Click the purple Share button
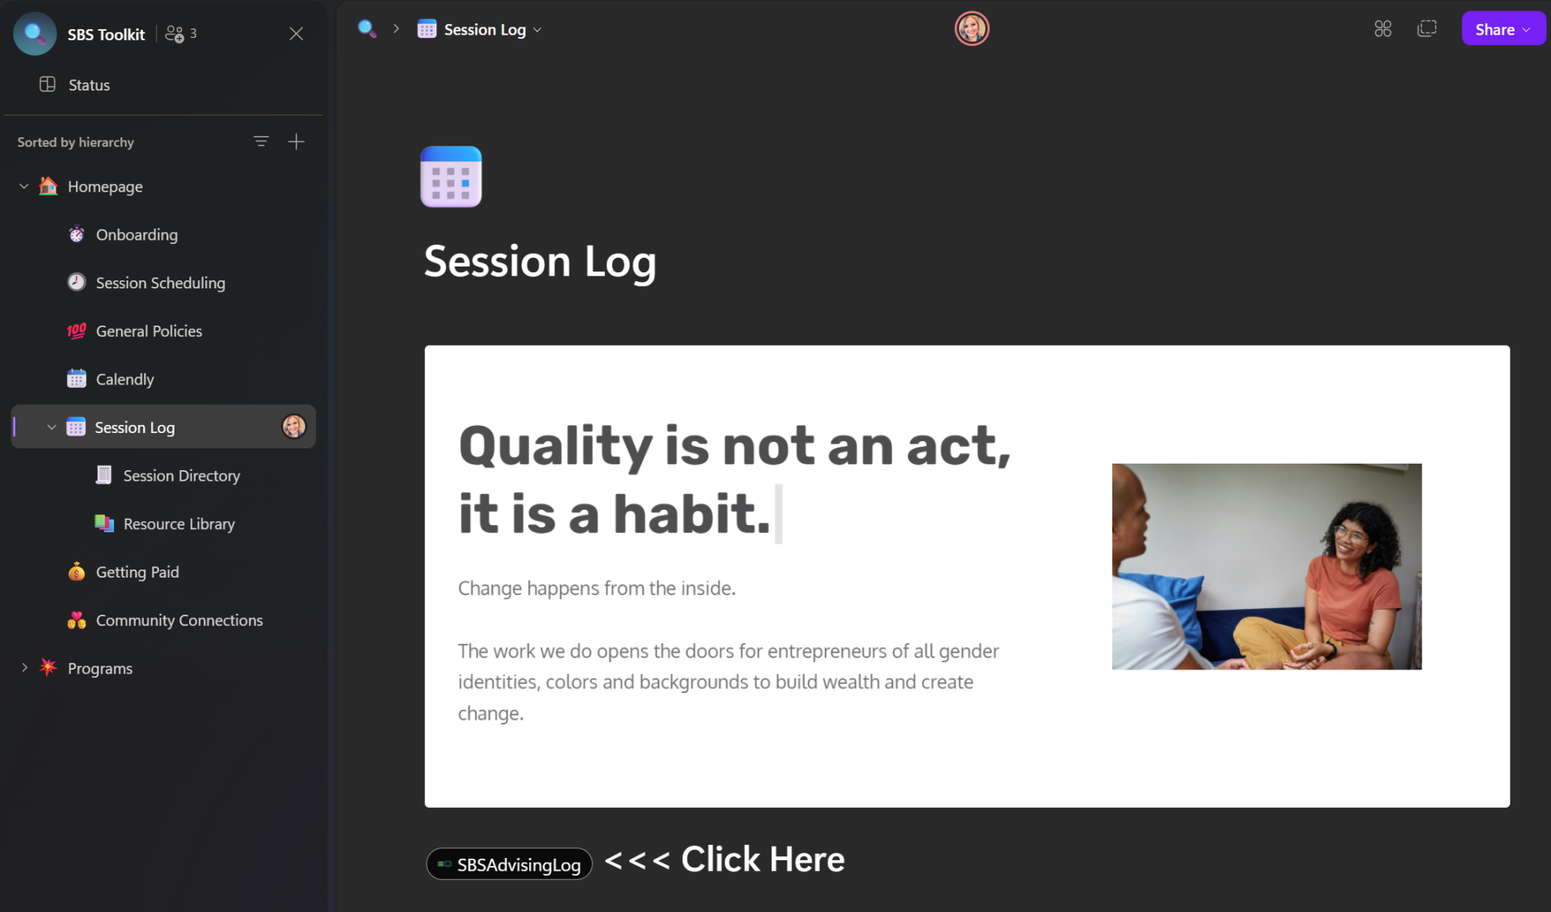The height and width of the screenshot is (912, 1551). point(1503,29)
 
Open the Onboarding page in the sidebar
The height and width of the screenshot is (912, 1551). point(136,234)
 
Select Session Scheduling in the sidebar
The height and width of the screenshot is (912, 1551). point(160,283)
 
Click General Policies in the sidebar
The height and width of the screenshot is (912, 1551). point(149,331)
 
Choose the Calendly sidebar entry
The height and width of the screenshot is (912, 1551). point(124,379)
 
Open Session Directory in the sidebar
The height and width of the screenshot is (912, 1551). point(181,476)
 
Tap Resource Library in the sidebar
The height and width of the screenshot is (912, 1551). point(179,523)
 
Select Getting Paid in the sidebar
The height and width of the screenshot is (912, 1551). point(137,572)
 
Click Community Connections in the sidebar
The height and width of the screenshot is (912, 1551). point(179,620)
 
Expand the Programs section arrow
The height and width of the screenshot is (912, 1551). point(24,668)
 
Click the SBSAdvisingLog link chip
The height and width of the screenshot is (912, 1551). point(509,864)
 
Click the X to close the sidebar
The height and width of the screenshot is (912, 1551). point(296,33)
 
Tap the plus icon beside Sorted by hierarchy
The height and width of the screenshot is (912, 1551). point(296,141)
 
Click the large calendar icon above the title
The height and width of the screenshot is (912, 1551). point(451,177)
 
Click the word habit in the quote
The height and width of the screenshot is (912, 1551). point(691,514)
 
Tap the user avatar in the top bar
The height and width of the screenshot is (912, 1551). point(972,29)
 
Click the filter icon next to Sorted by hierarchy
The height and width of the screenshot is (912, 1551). point(261,141)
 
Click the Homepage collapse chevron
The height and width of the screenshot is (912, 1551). point(24,187)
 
